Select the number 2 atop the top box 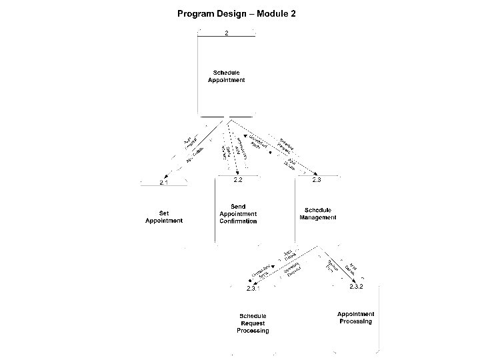226,33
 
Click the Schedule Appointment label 226,76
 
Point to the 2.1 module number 164,182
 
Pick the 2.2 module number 237,180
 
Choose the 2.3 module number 317,180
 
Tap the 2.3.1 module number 252,289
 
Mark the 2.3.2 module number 356,287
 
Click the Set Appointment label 164,217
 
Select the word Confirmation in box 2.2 238,221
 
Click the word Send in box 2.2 238,207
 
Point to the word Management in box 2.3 318,217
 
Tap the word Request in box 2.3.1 253,323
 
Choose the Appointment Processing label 355,317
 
